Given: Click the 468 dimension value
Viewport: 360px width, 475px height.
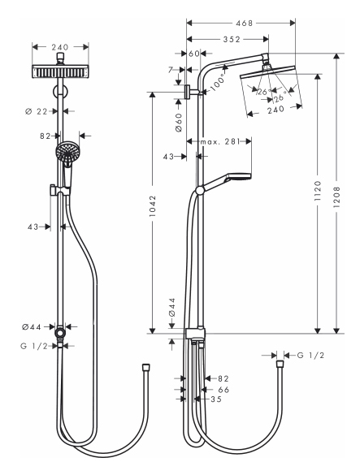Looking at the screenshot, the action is [244, 24].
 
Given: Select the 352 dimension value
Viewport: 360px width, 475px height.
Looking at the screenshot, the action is [232, 40].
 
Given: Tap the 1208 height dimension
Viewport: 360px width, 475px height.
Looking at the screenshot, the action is [337, 197].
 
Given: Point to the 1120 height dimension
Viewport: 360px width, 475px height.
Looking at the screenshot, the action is [318, 192].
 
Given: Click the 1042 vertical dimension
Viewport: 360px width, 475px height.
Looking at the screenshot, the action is [152, 206].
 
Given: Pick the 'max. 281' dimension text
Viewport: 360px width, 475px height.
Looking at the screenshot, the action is [220, 141].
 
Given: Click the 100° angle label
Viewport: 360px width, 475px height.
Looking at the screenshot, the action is [218, 81].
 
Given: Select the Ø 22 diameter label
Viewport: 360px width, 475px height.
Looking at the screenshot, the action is [37, 112].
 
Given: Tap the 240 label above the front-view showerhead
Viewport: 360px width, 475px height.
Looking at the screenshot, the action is [60, 47].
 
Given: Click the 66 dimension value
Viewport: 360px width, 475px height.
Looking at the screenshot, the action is [223, 390].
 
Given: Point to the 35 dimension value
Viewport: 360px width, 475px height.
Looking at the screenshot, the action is [216, 399].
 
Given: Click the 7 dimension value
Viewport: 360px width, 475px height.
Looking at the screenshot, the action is [171, 70].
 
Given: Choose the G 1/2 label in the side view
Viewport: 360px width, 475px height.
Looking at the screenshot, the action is [310, 355].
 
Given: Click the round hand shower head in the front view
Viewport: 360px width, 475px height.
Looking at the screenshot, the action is [66, 151].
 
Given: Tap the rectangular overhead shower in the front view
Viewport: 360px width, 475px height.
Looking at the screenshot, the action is [60, 71].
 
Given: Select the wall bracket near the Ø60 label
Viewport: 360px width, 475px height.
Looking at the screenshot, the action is [189, 92].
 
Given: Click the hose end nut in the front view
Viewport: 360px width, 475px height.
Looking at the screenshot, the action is [146, 367].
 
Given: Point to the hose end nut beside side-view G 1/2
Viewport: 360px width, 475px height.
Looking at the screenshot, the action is [280, 364].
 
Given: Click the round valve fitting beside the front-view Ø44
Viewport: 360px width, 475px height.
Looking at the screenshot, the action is [60, 333].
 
